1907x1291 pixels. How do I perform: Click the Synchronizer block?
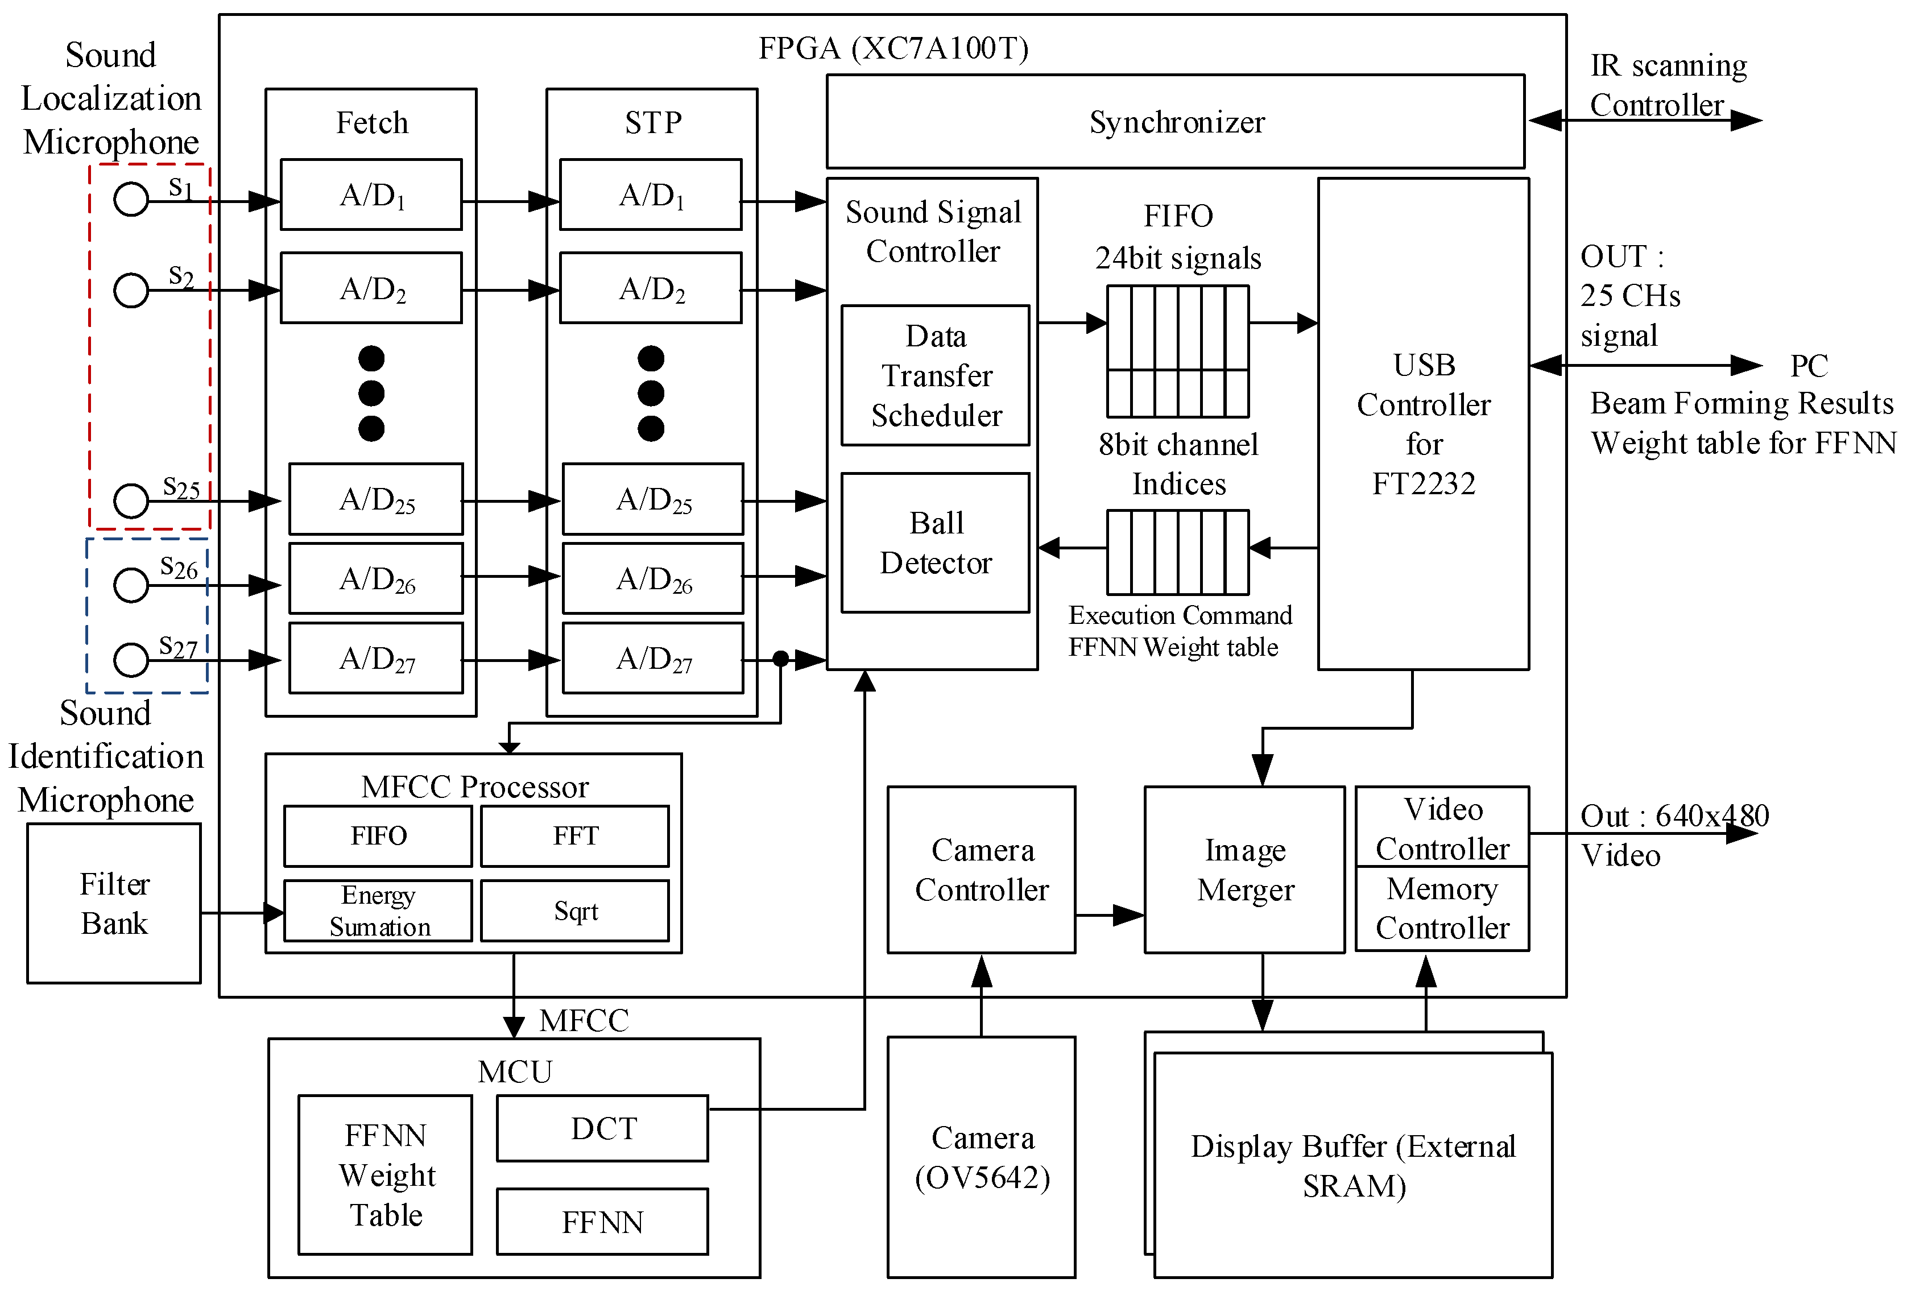[1174, 122]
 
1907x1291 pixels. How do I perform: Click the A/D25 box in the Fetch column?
[376, 499]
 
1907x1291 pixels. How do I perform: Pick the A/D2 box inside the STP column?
[650, 288]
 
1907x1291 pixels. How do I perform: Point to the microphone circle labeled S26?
[130, 585]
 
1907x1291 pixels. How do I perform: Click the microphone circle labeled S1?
[130, 198]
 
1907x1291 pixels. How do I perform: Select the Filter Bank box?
[114, 903]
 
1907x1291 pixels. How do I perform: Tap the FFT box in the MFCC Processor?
[574, 835]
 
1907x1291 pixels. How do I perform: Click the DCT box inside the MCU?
[602, 1128]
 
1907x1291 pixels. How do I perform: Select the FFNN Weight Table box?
[385, 1174]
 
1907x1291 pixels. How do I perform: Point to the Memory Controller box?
[1442, 909]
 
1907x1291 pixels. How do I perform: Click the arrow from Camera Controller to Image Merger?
[1110, 915]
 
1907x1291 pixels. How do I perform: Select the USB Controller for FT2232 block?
[1423, 424]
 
